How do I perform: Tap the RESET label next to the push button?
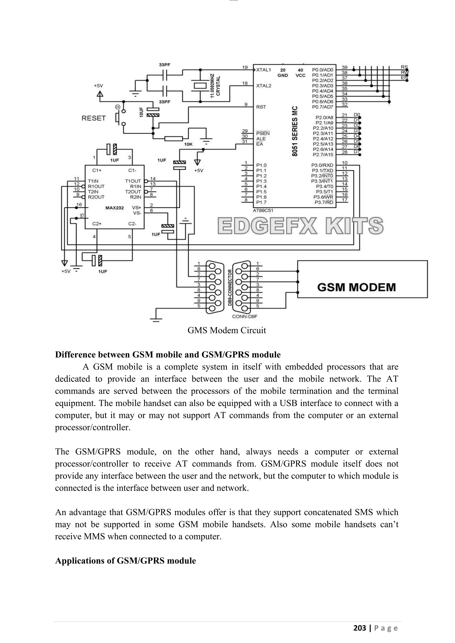(x=94, y=118)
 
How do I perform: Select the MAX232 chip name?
(x=114, y=208)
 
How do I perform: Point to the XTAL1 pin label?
(x=263, y=70)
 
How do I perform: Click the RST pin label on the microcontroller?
(x=261, y=107)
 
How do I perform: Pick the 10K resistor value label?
(x=188, y=145)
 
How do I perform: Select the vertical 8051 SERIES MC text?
(x=294, y=131)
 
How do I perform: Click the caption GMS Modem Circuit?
(x=227, y=330)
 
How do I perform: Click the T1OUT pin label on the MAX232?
(x=133, y=181)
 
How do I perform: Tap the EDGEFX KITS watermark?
(x=300, y=226)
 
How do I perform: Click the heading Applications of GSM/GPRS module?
(x=125, y=561)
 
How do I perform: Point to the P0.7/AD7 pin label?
(x=323, y=107)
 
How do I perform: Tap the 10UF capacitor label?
(x=141, y=112)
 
